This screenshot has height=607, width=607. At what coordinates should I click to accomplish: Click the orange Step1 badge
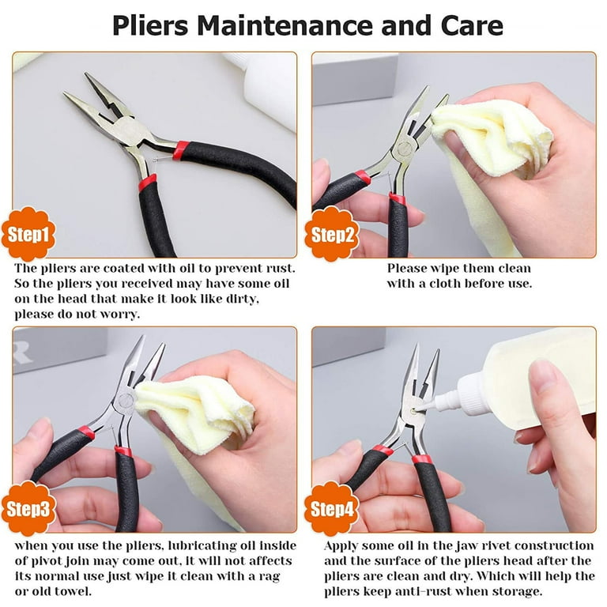[x=28, y=234]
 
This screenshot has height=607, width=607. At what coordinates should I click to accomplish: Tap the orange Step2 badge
[x=332, y=234]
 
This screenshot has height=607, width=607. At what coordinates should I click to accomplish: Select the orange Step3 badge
[x=28, y=508]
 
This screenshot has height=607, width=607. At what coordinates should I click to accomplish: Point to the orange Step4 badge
[x=332, y=508]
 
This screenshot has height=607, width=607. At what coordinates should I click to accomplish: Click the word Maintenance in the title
[x=285, y=25]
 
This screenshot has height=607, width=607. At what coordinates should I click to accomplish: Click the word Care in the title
[x=472, y=25]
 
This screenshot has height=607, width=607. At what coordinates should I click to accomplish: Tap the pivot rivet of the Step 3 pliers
[x=126, y=400]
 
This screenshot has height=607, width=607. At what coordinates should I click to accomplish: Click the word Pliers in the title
[x=150, y=25]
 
